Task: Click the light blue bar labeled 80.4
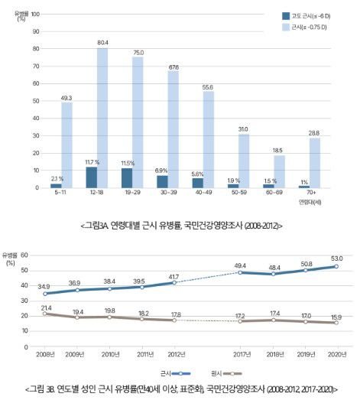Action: click(102, 118)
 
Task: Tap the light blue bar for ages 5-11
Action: click(67, 145)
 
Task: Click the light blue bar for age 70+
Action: click(315, 162)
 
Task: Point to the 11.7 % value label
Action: click(92, 162)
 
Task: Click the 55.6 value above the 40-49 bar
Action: click(209, 88)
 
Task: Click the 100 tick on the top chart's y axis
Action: click(35, 14)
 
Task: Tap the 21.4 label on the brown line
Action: click(46, 306)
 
